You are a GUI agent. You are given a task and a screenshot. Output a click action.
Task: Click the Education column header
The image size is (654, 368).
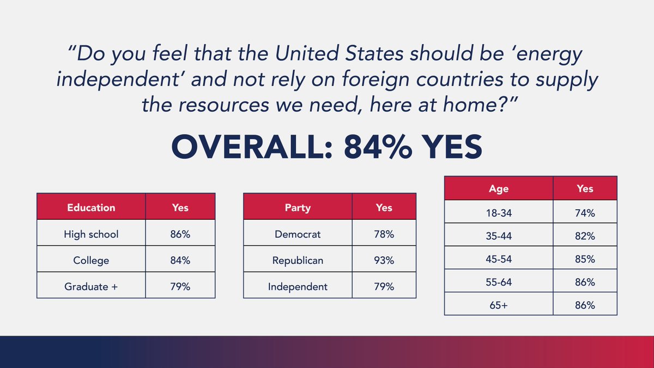[91, 207]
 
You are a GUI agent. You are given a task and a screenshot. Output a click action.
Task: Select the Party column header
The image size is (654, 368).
[298, 207]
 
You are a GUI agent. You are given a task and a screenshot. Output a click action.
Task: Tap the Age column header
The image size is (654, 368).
[499, 189]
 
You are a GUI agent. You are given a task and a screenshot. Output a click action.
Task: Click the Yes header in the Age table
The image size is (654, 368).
[585, 189]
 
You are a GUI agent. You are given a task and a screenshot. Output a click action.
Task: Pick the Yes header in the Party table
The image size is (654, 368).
[384, 207]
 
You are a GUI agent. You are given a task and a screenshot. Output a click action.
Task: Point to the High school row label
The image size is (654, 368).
[91, 234]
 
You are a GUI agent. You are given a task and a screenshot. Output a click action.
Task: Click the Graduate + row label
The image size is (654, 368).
[91, 286]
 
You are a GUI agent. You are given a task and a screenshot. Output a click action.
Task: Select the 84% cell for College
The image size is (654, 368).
[180, 261]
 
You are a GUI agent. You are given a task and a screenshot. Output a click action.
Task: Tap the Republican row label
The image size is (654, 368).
[298, 261]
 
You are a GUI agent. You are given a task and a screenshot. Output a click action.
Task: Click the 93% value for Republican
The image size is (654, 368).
[384, 261]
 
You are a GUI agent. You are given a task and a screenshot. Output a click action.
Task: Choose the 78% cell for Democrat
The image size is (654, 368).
[384, 234]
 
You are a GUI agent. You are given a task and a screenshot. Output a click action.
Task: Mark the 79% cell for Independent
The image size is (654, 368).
[384, 286]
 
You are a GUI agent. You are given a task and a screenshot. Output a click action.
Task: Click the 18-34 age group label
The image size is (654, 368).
[499, 213]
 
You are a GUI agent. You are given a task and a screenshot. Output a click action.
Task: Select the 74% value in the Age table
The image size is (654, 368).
[585, 213]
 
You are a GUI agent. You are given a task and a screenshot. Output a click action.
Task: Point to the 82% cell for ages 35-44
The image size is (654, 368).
[585, 236]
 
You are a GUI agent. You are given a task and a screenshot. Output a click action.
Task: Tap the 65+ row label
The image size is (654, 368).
[499, 305]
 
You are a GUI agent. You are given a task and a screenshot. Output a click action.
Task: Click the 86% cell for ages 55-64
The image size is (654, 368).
[585, 282]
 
